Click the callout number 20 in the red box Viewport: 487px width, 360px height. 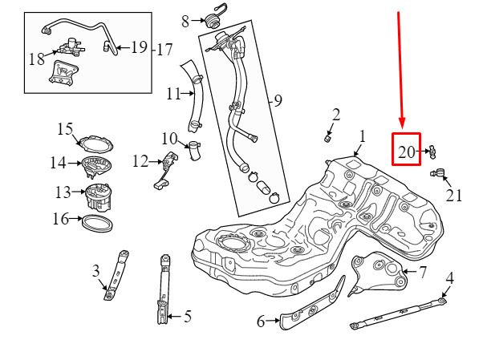406,152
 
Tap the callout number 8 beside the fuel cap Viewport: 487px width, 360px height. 185,22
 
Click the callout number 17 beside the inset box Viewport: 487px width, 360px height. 164,50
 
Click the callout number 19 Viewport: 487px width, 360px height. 139,47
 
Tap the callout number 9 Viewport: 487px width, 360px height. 278,100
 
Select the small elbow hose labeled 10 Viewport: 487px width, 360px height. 194,151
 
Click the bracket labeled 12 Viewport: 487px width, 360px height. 165,170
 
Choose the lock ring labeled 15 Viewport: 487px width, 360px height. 95,144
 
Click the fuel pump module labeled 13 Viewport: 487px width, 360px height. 98,196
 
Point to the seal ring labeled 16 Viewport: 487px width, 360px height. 97,224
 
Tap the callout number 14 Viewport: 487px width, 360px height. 58,163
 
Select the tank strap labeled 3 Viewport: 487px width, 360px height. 116,275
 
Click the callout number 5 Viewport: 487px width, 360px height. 188,317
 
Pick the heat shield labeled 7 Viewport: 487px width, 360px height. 378,273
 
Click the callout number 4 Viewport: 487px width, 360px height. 449,277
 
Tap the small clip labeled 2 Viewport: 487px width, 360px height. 328,138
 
